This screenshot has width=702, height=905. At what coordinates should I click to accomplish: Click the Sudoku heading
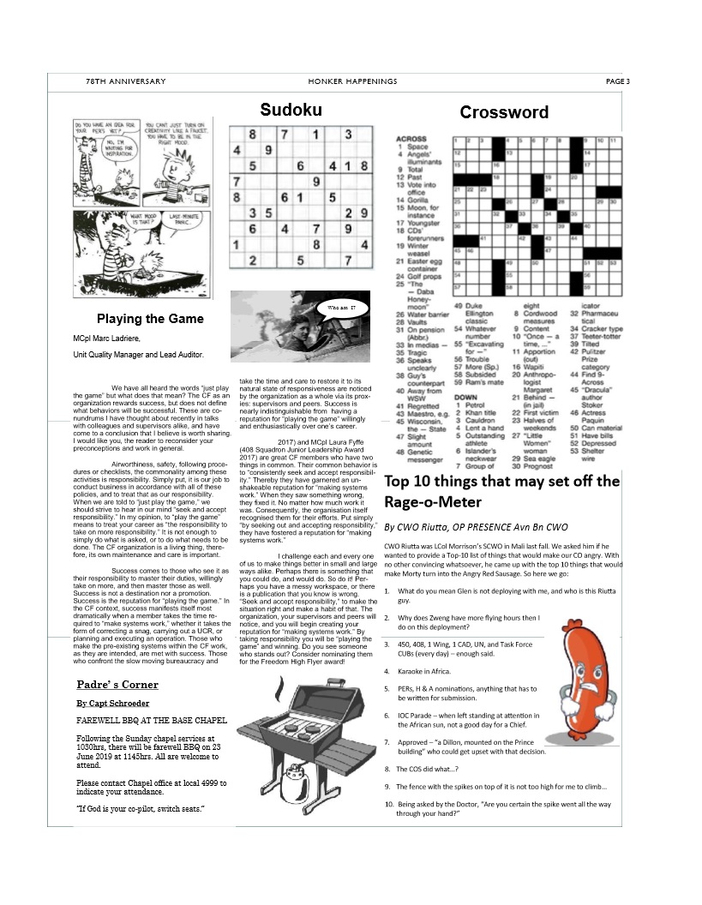(291, 109)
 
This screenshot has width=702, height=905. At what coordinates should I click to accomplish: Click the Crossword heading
(504, 112)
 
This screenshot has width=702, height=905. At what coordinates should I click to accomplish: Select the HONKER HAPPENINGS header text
(352, 81)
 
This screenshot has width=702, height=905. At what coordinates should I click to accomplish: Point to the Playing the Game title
(150, 319)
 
